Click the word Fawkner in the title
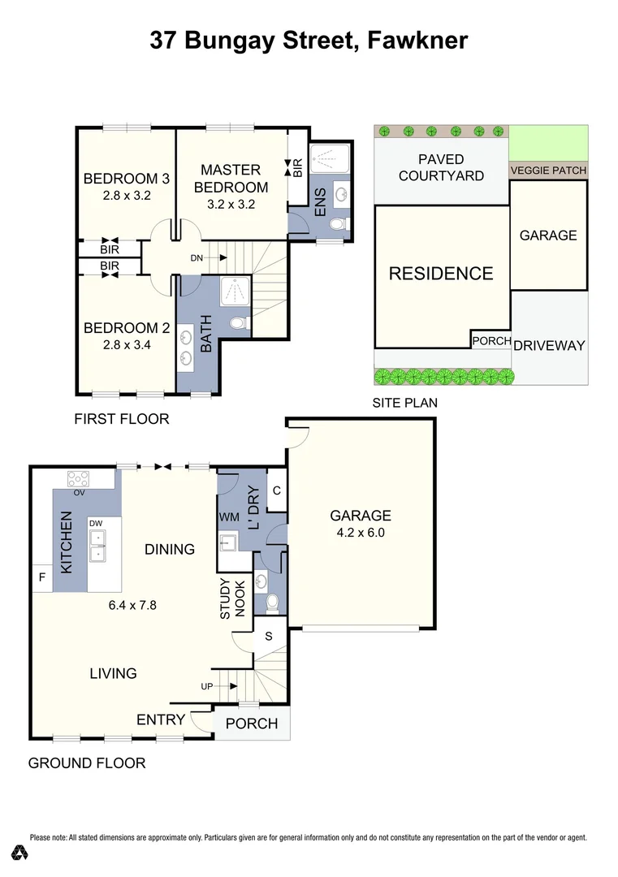tap(417, 41)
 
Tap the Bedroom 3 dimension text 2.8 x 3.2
tap(127, 196)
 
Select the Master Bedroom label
tap(231, 179)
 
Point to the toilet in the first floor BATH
tap(239, 323)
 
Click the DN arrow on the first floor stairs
tap(223, 258)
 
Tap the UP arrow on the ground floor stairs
tap(232, 686)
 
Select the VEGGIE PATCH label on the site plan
tap(548, 170)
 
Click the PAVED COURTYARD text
tap(441, 168)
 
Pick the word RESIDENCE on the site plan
tap(441, 274)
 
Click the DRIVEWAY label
tap(549, 346)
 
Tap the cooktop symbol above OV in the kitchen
tap(78, 479)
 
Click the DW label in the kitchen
tap(96, 524)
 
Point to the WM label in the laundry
tap(229, 517)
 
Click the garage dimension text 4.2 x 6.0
tap(361, 533)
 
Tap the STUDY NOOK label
tap(232, 598)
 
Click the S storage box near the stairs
tap(269, 636)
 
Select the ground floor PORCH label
tap(252, 724)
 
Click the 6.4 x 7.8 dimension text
tap(132, 605)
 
